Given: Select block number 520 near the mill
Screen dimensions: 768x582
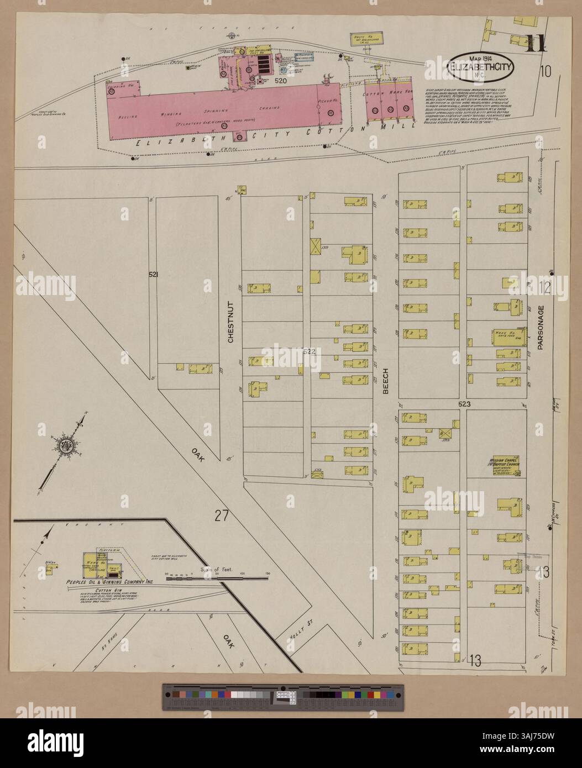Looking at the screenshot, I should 281,81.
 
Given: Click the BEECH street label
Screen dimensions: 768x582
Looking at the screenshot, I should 386,381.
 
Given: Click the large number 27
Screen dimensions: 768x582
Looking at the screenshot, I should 222,516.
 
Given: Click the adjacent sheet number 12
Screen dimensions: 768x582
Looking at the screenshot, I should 545,287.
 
